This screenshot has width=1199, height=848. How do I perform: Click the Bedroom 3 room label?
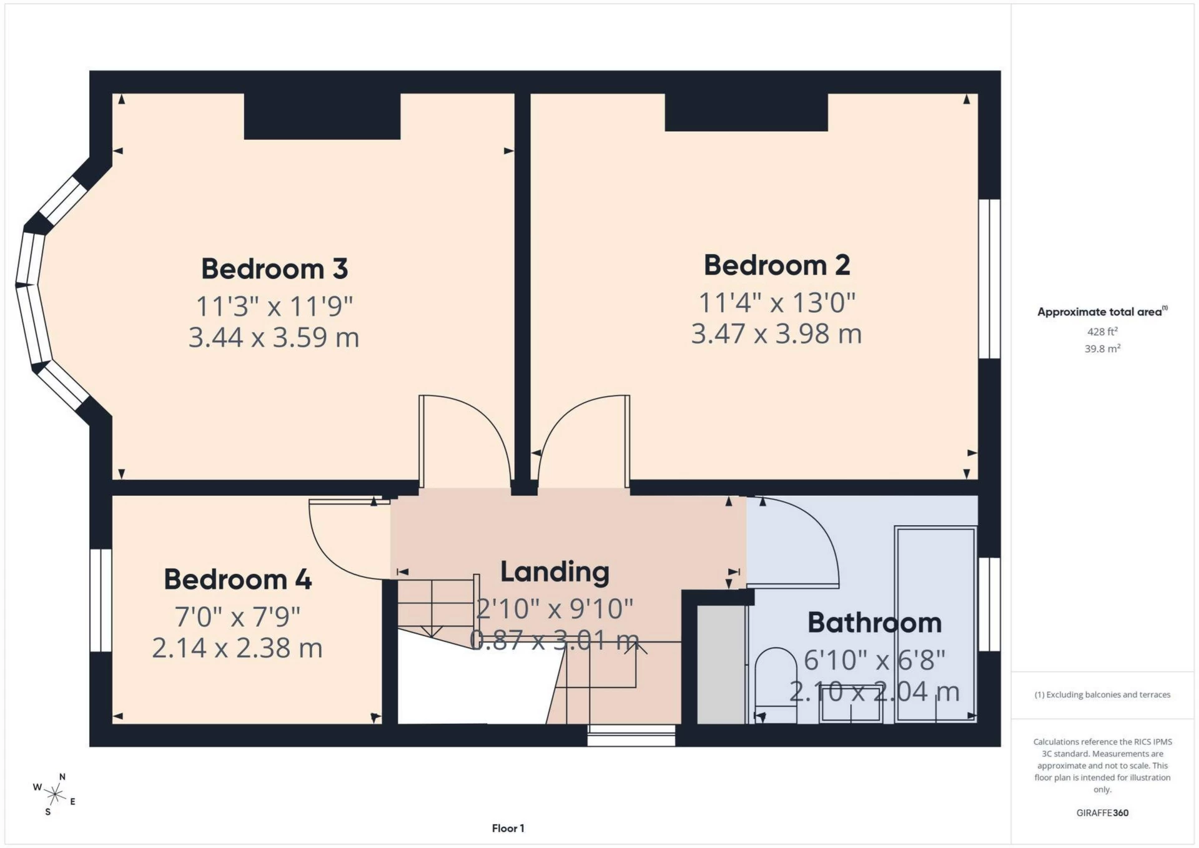[274, 269]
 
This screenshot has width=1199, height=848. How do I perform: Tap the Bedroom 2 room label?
[776, 265]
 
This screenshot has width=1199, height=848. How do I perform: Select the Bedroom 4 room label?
[237, 579]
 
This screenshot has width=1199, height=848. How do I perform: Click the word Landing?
[555, 572]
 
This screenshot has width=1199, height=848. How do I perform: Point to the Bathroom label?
[874, 623]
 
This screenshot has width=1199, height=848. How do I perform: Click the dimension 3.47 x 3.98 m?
[776, 333]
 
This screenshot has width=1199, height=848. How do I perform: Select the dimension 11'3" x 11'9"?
[274, 307]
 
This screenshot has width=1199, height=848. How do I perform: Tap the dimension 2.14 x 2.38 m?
[237, 648]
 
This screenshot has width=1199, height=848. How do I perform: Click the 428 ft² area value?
[1102, 332]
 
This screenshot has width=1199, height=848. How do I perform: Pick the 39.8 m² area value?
[1102, 348]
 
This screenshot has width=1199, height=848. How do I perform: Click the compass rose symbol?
[55, 794]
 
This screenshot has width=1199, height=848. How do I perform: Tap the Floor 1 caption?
[508, 828]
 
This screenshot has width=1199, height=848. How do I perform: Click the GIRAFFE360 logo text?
[1102, 812]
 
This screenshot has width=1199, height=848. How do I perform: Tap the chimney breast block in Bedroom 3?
[322, 116]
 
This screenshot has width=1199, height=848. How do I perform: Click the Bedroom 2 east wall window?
[989, 279]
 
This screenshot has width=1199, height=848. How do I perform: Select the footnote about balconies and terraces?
[1102, 694]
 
